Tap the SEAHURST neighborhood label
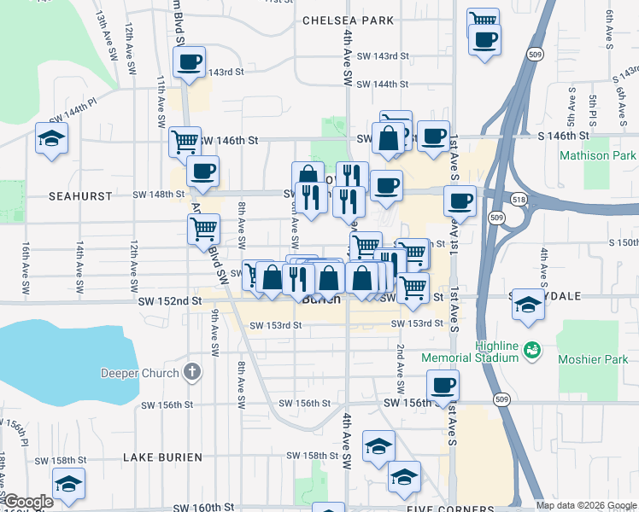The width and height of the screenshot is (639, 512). click(80, 195)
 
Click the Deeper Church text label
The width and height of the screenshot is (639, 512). click(140, 372)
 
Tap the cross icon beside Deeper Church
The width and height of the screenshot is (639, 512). click(193, 372)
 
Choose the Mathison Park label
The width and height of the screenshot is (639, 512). click(598, 156)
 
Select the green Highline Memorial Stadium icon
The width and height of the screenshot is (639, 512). click(533, 349)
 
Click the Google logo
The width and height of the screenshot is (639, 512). click(27, 503)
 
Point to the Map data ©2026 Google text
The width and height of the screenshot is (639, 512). click(586, 505)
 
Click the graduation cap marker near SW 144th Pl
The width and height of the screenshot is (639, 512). click(51, 138)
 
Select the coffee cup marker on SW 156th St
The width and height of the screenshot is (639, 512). click(443, 386)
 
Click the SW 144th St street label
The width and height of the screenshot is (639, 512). click(382, 84)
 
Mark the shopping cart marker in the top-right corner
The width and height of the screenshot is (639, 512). click(484, 20)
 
